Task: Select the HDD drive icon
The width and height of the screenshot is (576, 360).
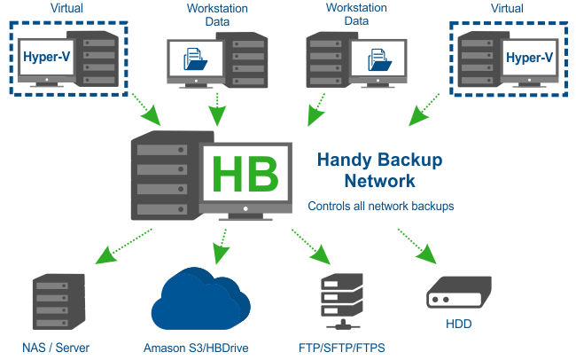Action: coord(459,293)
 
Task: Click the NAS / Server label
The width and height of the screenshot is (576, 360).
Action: coord(56,347)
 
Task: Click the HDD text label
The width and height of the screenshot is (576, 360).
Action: coord(459,325)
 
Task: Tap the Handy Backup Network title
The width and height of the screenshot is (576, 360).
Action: coord(379,170)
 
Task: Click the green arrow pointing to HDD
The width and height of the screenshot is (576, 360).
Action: coord(419,246)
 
